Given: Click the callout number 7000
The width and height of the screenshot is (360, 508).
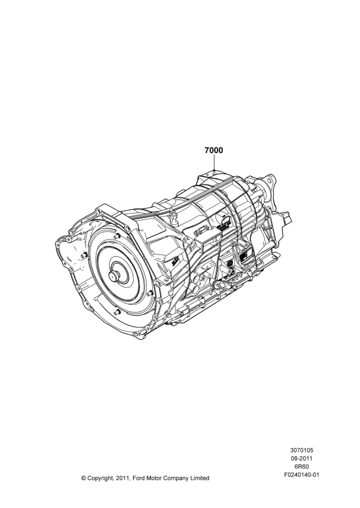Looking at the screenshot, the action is point(214,150).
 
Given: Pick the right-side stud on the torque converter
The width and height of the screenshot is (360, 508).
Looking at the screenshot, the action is point(149,294).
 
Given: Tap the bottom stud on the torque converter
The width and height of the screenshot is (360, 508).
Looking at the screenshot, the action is point(117,312).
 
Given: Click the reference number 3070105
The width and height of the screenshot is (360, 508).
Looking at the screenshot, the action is point(302,450).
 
